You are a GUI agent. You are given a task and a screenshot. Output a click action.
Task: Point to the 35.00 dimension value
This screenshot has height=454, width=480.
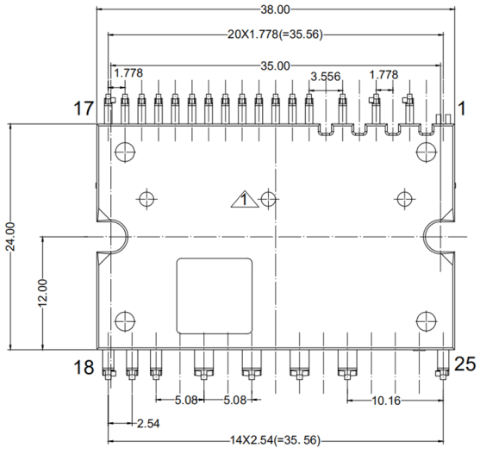click(276, 65)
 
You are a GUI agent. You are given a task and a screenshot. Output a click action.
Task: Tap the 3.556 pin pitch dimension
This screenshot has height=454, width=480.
click(325, 76)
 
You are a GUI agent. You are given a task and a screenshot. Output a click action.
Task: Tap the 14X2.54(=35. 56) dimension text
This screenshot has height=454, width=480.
click(274, 440)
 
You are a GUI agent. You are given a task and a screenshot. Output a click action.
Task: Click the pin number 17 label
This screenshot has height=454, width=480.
click(83, 109)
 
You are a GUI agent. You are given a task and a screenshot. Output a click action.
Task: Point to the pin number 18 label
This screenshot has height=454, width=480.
click(83, 368)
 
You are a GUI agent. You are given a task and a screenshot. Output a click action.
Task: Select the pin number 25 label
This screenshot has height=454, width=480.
click(464, 364)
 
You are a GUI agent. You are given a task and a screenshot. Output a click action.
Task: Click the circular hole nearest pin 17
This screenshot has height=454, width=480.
click(125, 151)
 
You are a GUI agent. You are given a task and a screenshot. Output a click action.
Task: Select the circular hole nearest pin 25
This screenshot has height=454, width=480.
click(425, 320)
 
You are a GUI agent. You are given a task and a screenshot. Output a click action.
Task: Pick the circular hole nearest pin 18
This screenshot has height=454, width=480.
click(125, 320)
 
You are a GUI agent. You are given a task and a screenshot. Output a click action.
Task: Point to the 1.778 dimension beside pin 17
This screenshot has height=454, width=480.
click(128, 74)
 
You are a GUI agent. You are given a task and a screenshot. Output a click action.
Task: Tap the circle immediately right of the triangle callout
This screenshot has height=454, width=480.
click(269, 199)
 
